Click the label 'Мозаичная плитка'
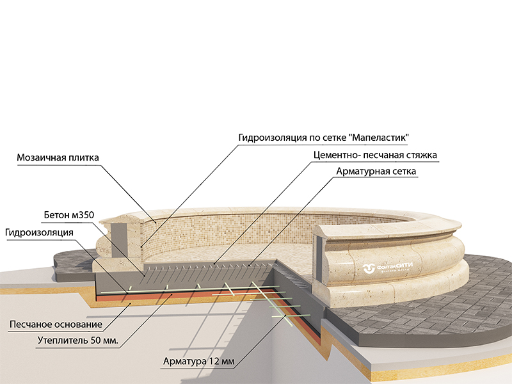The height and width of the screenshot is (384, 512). tap(58, 157)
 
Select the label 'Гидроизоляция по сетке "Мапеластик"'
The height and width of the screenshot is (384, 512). tap(323, 138)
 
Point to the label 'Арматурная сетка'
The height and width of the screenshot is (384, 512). tap(376, 172)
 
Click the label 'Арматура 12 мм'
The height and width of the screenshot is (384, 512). tap(199, 362)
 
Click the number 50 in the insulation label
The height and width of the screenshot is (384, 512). tap(90, 339)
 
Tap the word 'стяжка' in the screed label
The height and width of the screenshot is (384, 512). tap(428, 155)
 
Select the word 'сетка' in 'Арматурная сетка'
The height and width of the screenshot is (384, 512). tap(403, 172)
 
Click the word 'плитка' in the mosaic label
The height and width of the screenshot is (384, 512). tap(85, 157)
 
